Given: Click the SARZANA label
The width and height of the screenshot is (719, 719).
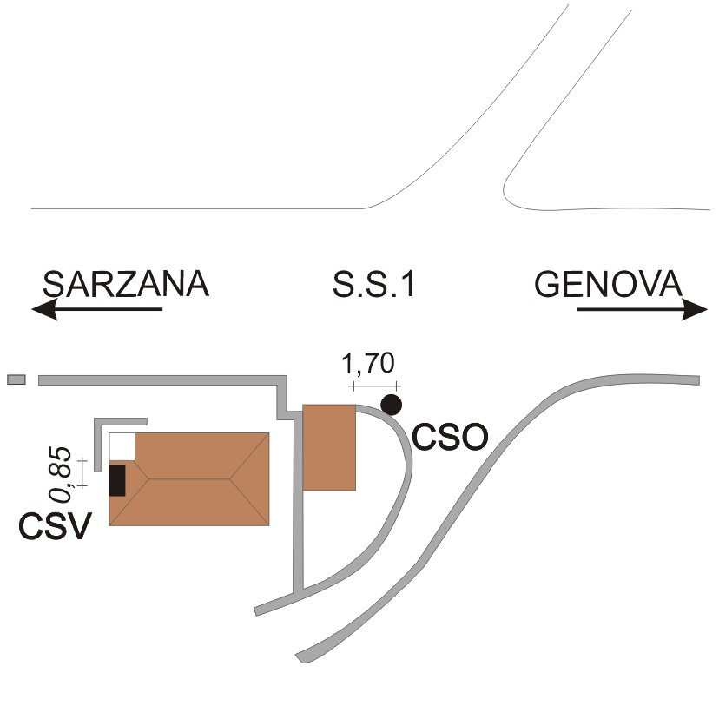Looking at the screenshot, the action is tap(126, 284).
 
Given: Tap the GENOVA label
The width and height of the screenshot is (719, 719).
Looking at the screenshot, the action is tap(609, 284).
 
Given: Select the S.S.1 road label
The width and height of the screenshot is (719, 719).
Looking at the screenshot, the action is tap(373, 284).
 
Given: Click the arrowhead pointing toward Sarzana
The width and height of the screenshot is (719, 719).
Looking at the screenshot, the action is tap(44, 309).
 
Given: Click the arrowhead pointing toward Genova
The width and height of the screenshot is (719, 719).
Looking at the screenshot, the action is tap(695, 309).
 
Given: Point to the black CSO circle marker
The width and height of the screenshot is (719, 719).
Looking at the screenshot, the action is tap(392, 405).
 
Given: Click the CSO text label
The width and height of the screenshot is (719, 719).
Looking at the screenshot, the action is tap(450, 437).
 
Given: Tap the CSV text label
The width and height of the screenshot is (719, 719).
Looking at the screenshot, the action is tap(55, 525).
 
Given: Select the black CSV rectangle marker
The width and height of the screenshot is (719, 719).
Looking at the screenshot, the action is tap(117, 480).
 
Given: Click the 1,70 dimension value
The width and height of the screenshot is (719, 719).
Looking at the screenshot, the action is tap(368, 363).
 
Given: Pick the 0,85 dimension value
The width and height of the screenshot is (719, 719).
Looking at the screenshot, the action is tap(61, 473).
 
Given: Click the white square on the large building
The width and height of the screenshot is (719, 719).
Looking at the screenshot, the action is tap(122, 446).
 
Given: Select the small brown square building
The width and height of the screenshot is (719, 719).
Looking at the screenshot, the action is tap(329, 447).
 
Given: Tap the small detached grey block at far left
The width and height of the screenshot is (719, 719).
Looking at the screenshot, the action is tap(16, 379).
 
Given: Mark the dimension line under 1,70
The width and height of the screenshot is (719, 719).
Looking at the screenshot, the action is tap(374, 386).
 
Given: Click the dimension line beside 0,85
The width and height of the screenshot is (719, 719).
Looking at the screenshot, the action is tap(82, 473).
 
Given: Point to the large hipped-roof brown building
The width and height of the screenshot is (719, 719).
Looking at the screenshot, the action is tap(189, 478).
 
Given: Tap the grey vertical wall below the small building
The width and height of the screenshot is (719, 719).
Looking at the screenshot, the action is tap(299, 541).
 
